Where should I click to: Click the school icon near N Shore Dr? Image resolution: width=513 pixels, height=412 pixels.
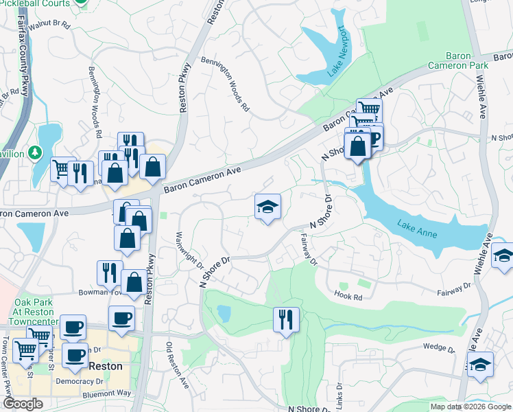267,206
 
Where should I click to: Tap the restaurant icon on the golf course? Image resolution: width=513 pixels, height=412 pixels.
285,319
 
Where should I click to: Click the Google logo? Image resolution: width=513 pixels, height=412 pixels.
23,403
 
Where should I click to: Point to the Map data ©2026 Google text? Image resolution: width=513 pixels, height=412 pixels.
470,407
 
